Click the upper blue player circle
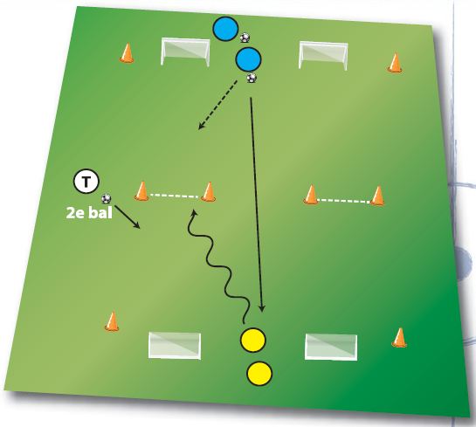[x=225, y=29]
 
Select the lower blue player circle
[x=248, y=59]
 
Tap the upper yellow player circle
[x=253, y=340]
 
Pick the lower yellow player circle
[x=259, y=373]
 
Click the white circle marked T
[x=86, y=182]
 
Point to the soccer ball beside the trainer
[x=106, y=199]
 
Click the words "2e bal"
[x=89, y=212]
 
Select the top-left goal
[x=185, y=51]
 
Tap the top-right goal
[x=323, y=55]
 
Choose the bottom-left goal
[x=175, y=346]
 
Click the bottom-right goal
[x=331, y=348]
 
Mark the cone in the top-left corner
[x=127, y=53]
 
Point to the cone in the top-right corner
[x=395, y=63]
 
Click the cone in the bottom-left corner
[x=112, y=321]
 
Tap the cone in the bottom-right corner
[x=399, y=337]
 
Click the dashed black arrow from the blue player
[x=217, y=105]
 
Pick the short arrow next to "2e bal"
[x=128, y=217]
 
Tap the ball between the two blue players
[x=245, y=38]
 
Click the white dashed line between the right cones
[x=344, y=201]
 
